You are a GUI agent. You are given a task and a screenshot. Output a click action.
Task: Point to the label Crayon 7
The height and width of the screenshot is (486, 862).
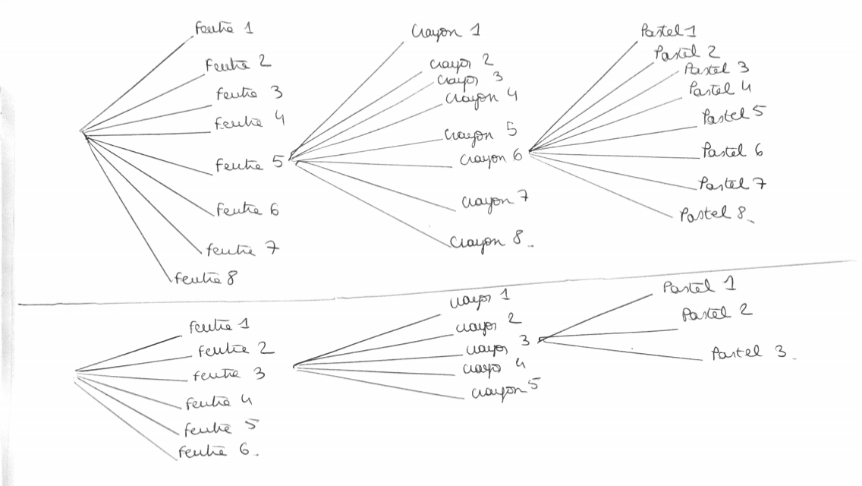pos(494,201)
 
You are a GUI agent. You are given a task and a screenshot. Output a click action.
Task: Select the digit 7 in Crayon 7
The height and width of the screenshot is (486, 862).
pos(523,199)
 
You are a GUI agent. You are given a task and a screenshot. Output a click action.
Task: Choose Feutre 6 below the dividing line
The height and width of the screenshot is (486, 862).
pos(218,451)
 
